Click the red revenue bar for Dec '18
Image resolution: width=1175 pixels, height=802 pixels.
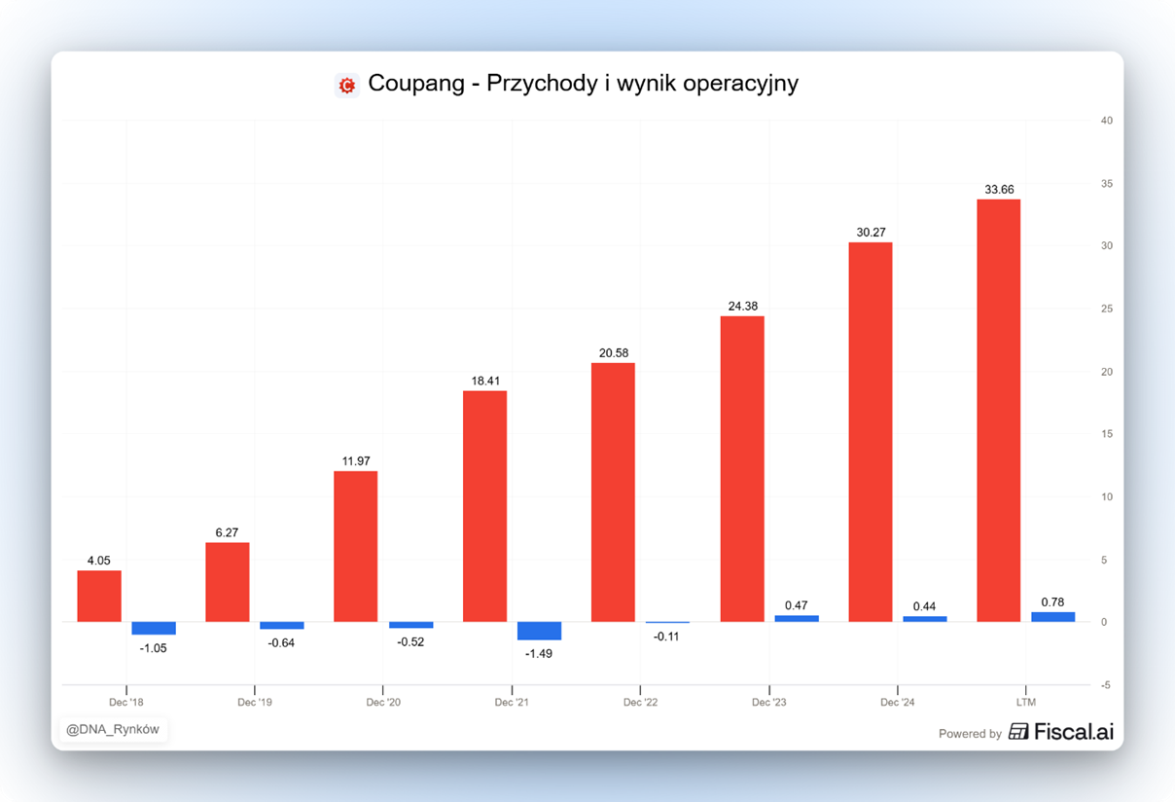99,596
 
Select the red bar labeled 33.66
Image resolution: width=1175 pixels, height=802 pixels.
998,410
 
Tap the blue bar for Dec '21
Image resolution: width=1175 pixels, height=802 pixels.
539,631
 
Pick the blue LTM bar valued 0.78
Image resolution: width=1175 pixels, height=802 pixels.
1052,616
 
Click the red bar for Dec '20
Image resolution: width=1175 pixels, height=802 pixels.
356,546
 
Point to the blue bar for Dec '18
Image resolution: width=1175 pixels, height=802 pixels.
154,628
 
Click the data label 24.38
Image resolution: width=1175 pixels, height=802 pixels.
743,306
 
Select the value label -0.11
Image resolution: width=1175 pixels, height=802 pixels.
667,637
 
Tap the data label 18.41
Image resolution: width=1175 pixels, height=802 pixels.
484,381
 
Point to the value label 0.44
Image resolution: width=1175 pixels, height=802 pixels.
924,606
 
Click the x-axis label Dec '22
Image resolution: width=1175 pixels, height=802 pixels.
640,702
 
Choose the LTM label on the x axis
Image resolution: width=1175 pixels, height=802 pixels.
1025,702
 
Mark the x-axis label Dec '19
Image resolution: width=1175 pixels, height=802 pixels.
255,702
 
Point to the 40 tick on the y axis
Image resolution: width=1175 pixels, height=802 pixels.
1106,121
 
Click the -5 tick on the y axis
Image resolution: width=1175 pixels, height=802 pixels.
1105,685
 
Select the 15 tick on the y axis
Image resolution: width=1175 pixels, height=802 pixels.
1106,434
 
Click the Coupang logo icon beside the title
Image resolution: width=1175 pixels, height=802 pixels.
347,85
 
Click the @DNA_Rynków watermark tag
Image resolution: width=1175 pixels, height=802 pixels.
113,729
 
